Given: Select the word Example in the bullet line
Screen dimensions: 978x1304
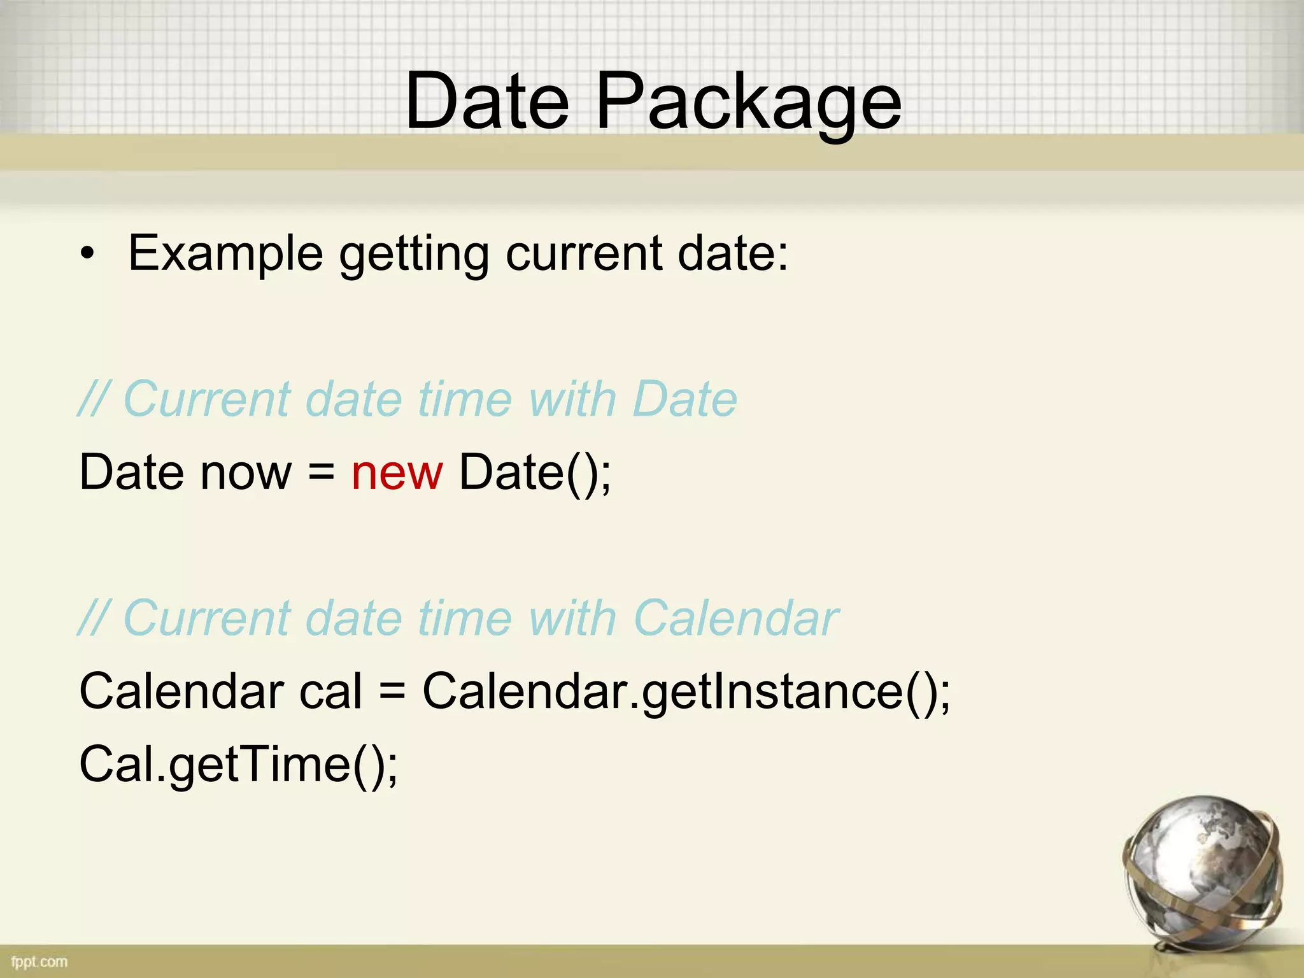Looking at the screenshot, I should pyautogui.click(x=226, y=254).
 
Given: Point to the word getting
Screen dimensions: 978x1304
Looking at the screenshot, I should pyautogui.click(x=413, y=254).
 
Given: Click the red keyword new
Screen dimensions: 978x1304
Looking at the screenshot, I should pyautogui.click(x=397, y=472).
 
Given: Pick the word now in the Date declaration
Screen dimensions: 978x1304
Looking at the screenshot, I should pyautogui.click(x=246, y=472).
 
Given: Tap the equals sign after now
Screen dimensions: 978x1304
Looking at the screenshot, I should pyautogui.click(x=322, y=472).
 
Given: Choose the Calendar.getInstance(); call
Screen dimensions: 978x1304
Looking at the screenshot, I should pyautogui.click(x=686, y=691).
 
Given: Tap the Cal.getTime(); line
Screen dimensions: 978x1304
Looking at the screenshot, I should pyautogui.click(x=238, y=764).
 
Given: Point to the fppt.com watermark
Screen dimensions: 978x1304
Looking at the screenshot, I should pyautogui.click(x=39, y=961).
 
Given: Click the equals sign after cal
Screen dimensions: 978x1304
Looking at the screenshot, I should pyautogui.click(x=392, y=691).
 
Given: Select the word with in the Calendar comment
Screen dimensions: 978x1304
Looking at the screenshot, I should pyautogui.click(x=572, y=618).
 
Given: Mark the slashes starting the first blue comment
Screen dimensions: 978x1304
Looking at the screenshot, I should pyautogui.click(x=94, y=400).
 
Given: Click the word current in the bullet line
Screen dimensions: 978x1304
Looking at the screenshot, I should pyautogui.click(x=583, y=254).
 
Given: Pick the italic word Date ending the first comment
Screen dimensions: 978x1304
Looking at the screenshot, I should pyautogui.click(x=685, y=400).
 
